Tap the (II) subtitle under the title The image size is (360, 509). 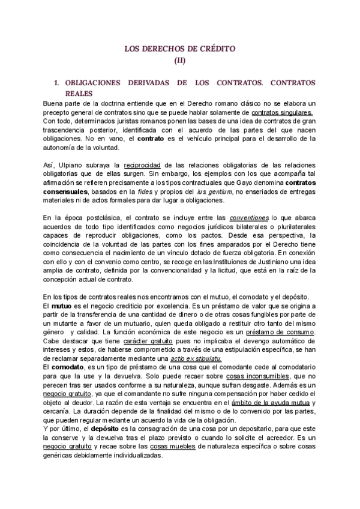pos(180,60)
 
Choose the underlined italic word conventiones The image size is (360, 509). pos(248,218)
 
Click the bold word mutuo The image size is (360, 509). pos(63,306)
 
